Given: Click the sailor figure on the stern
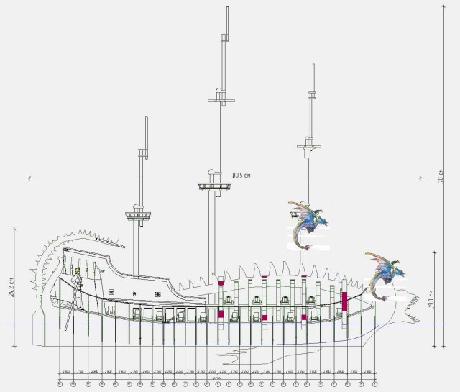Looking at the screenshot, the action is (x=78, y=282).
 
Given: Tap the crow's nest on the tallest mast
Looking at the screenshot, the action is (x=215, y=187).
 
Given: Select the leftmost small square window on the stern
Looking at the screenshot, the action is (x=111, y=292).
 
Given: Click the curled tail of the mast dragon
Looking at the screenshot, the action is (x=308, y=247).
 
